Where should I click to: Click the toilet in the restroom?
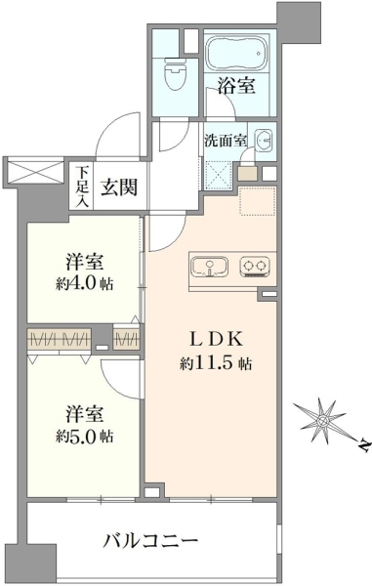click(x=177, y=72)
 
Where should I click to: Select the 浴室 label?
click(x=236, y=86)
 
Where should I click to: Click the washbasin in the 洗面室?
click(x=264, y=142)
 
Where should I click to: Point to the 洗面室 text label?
click(x=225, y=141)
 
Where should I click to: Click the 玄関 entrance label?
click(x=119, y=187)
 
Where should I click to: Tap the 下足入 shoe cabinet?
click(x=82, y=186)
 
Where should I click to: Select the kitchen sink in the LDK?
click(x=210, y=268)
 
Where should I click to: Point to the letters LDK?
click(x=216, y=339)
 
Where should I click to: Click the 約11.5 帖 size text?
click(x=216, y=363)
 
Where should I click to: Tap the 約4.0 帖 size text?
click(x=84, y=285)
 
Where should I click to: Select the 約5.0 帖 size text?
click(x=85, y=437)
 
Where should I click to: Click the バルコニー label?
click(x=150, y=541)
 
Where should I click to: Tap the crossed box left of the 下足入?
click(x=35, y=172)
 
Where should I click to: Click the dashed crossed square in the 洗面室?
click(x=218, y=175)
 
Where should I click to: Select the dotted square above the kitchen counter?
click(x=258, y=201)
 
